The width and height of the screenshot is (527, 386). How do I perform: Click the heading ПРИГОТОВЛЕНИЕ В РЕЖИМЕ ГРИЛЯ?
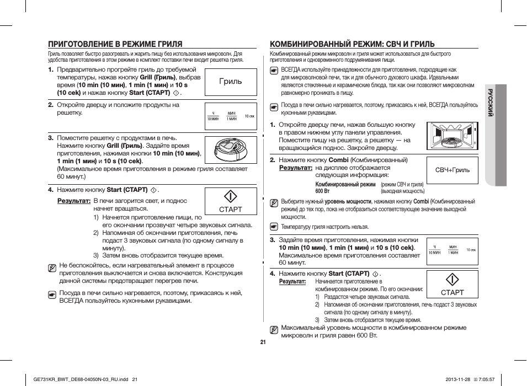(115, 44)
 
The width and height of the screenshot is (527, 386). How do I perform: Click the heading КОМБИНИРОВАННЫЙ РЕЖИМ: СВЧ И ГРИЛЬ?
(352, 44)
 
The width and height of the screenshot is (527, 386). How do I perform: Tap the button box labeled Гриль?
(231, 82)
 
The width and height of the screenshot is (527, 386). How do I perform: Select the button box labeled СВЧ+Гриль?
(452, 170)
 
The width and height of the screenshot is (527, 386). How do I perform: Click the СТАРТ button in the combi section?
(452, 285)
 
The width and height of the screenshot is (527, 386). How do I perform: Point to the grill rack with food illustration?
(231, 149)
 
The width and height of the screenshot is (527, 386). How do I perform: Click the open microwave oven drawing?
(452, 137)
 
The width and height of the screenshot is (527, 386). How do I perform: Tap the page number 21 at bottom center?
(263, 342)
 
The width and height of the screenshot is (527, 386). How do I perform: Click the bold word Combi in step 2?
(338, 160)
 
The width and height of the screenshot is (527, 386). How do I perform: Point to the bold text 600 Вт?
(323, 191)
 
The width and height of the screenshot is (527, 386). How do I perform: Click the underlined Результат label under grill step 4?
(74, 201)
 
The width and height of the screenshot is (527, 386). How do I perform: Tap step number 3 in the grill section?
(50, 138)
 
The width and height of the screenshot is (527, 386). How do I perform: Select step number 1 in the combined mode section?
(272, 125)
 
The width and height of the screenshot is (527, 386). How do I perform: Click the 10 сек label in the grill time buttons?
(250, 116)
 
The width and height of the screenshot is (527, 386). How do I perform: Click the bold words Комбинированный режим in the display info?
(345, 184)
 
